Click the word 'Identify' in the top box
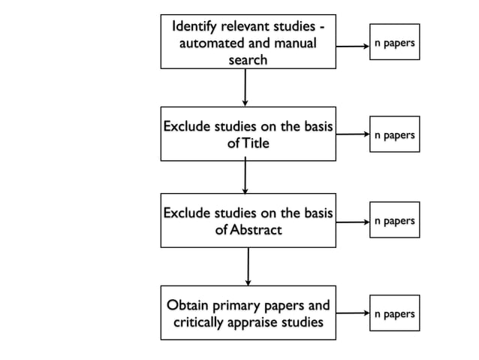197,26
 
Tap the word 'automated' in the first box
211,44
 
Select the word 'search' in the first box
247,60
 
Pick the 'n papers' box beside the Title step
394,135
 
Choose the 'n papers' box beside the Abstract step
394,221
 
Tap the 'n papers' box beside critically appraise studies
394,313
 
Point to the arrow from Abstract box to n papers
351,222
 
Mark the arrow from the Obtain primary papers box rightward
351,314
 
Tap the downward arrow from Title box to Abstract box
246,177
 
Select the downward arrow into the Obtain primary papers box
248,266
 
